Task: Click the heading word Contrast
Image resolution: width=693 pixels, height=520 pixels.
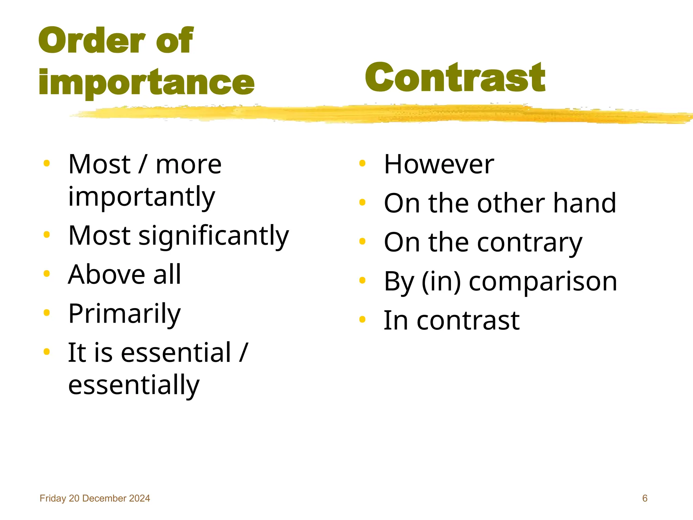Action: pyautogui.click(x=455, y=78)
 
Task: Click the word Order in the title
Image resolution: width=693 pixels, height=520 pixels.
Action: pyautogui.click(x=92, y=41)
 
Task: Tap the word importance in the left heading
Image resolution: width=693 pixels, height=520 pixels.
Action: pyautogui.click(x=146, y=82)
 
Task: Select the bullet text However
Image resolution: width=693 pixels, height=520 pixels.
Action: pyautogui.click(x=439, y=164)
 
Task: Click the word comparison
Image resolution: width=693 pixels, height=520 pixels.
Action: pyautogui.click(x=543, y=281)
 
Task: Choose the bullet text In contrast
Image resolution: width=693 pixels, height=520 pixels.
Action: pyautogui.click(x=451, y=320)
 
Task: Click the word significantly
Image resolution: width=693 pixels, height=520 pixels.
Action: pyautogui.click(x=214, y=236)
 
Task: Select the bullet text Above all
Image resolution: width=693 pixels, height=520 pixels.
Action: pyautogui.click(x=125, y=274)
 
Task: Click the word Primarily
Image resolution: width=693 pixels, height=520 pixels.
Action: pyautogui.click(x=125, y=313)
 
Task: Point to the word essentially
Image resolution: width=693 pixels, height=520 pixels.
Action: pyautogui.click(x=134, y=385)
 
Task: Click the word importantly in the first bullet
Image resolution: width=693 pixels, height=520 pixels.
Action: pyautogui.click(x=141, y=196)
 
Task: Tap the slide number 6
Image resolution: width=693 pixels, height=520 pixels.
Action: pyautogui.click(x=645, y=498)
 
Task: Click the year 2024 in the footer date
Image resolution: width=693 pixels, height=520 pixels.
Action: pyautogui.click(x=139, y=498)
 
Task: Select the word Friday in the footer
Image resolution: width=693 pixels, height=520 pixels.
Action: pyautogui.click(x=53, y=498)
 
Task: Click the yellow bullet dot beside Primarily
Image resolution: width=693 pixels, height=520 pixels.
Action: pyautogui.click(x=47, y=313)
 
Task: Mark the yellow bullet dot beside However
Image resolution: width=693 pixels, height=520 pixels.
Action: pyautogui.click(x=362, y=164)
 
